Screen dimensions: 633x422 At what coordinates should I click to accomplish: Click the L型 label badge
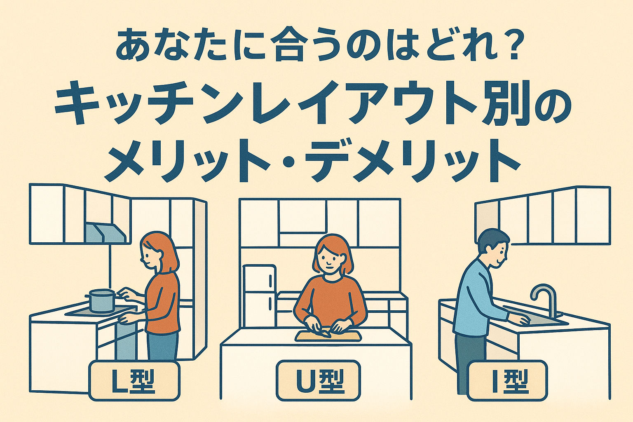134,380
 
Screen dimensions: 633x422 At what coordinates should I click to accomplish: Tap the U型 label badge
318,380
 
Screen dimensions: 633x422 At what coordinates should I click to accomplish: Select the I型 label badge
507,380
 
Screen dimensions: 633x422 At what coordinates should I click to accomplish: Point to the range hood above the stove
105,232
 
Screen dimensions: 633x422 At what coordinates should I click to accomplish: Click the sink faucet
543,300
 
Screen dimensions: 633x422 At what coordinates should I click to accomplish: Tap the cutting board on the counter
328,336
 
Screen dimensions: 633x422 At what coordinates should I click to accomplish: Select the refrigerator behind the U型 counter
259,297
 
